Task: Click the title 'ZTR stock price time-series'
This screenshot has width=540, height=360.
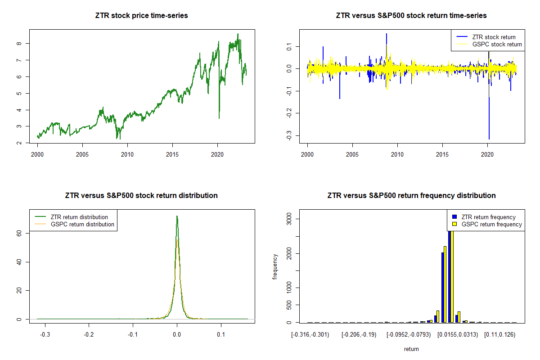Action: click(141, 16)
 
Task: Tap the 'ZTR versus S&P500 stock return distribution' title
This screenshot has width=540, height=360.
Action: click(141, 196)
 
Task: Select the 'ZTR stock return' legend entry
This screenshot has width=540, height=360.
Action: click(493, 37)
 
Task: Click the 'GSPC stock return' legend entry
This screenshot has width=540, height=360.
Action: click(497, 44)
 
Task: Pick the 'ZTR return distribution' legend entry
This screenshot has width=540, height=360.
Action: click(79, 217)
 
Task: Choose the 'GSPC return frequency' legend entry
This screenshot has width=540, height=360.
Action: click(491, 224)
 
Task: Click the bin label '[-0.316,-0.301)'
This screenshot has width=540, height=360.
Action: click(310, 335)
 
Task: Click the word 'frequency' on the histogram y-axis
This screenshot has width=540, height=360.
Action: click(275, 266)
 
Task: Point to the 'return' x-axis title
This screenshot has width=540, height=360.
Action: click(411, 349)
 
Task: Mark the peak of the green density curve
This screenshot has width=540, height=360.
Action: click(177, 216)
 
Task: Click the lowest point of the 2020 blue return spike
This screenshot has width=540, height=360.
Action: click(489, 139)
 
